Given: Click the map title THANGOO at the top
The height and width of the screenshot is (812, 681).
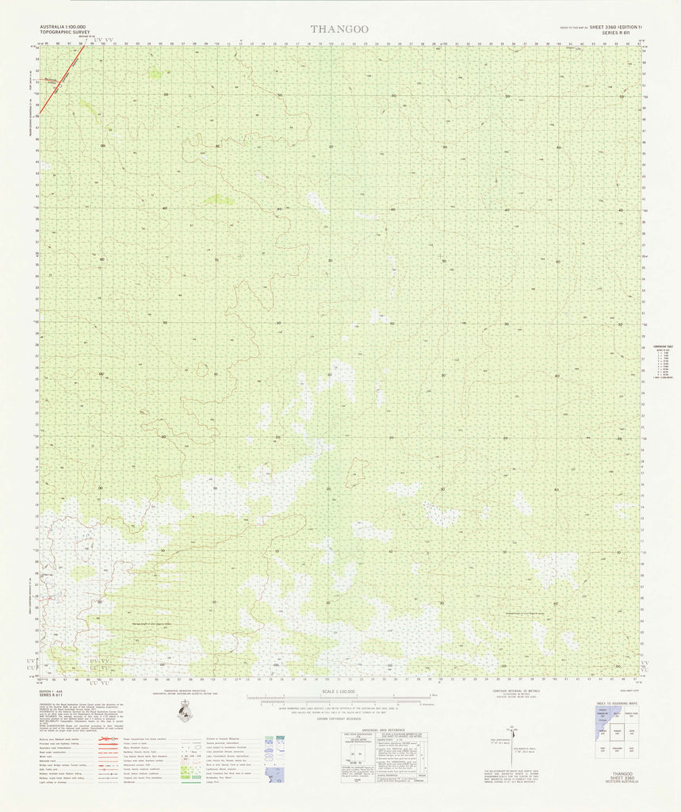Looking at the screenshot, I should point(339,29).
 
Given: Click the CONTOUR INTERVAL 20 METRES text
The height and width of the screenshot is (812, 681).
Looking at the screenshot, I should point(509,690).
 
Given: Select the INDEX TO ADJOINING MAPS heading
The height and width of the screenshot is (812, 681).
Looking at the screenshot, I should point(620,703).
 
